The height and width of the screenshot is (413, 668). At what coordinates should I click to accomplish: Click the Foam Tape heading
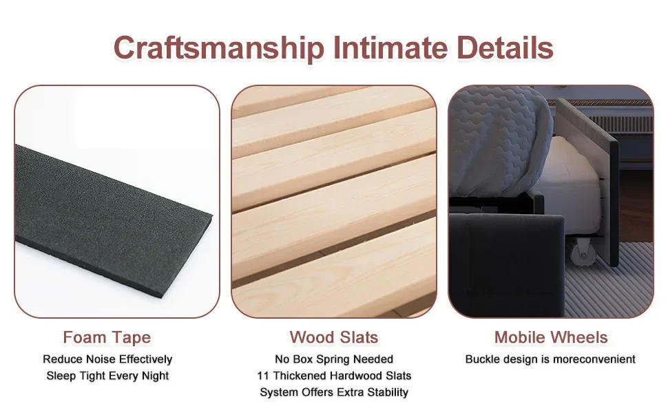(x=107, y=337)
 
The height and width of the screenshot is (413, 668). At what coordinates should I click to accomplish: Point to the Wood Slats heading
(x=334, y=337)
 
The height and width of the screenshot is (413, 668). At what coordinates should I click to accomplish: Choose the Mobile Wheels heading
(x=551, y=337)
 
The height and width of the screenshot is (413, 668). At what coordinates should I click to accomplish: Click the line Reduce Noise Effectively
(x=107, y=359)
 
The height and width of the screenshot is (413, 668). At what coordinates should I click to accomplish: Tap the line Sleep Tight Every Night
(x=107, y=376)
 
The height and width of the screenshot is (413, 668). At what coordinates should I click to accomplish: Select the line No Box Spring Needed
(x=334, y=359)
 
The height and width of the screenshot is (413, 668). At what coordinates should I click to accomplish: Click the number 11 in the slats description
(x=262, y=376)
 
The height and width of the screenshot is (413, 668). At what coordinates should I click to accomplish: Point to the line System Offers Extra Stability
(x=334, y=392)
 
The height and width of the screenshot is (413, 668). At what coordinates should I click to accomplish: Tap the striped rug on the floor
(x=620, y=282)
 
